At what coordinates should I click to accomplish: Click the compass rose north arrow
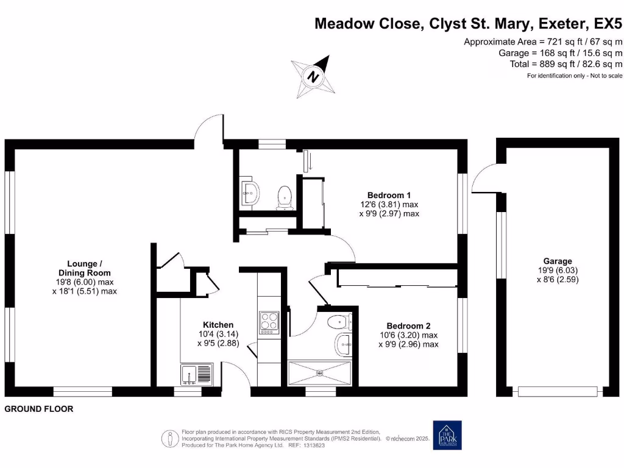tap(313, 77)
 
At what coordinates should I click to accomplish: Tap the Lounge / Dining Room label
tap(84, 268)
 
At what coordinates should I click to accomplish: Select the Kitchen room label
tap(218, 325)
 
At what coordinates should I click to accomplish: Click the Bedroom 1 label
tap(389, 195)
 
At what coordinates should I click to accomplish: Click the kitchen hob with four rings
tap(269, 322)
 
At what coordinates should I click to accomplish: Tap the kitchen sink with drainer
tap(196, 373)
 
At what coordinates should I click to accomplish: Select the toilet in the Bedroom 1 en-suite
tap(284, 197)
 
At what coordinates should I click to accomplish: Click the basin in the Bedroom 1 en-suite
tap(250, 193)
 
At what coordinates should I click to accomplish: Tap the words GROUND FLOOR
tap(39, 409)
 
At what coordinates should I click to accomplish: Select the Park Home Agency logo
tap(447, 435)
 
